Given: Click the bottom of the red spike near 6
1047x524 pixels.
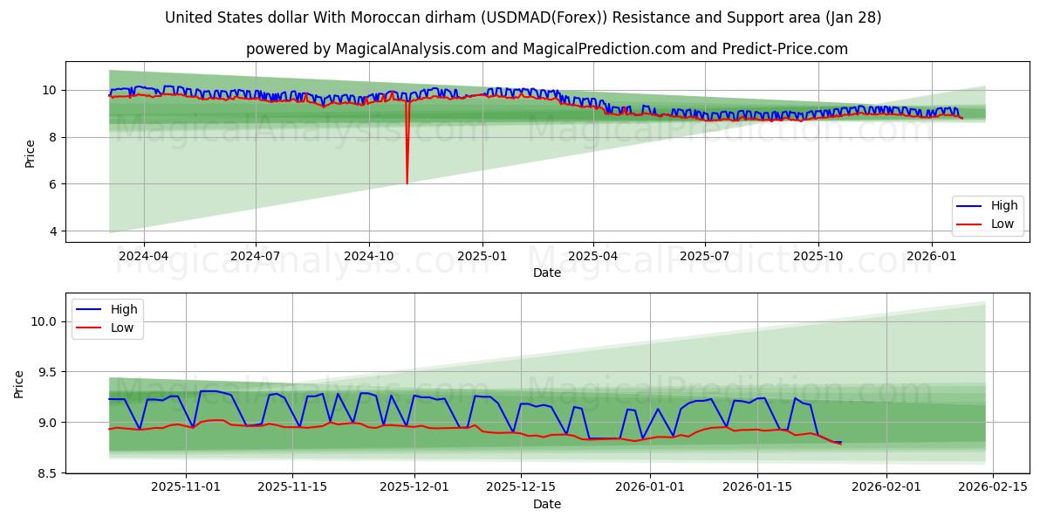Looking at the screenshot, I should [x=407, y=183].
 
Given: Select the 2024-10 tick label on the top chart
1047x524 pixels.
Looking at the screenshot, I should [x=368, y=258].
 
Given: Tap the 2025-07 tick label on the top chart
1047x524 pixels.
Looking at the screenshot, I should [x=705, y=258].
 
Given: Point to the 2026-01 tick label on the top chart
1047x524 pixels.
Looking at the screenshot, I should [x=931, y=258].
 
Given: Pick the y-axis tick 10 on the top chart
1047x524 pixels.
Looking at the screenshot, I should [x=48, y=90].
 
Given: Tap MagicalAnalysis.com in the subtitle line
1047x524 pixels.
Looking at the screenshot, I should [x=410, y=49].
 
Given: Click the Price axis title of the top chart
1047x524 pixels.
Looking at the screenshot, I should [x=31, y=154].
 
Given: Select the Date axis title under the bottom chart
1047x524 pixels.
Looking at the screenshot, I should [x=547, y=504].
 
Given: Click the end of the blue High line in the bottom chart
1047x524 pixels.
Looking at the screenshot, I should [x=841, y=442].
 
